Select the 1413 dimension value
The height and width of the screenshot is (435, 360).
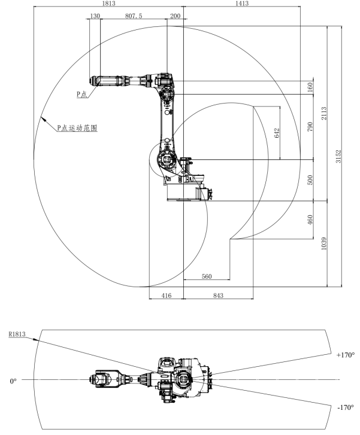(x=242, y=4)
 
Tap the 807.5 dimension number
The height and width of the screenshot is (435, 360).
(x=133, y=17)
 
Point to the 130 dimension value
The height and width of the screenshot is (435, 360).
(x=95, y=17)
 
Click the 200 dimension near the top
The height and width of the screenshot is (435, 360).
(x=175, y=17)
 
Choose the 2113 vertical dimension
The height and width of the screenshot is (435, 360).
(x=323, y=114)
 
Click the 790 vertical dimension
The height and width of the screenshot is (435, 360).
(x=310, y=127)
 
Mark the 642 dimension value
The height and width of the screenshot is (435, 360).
(x=277, y=133)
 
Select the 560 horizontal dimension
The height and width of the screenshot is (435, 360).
(x=207, y=276)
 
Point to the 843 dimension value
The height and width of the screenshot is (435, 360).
(x=218, y=295)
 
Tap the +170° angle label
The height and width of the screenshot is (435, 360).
(x=346, y=355)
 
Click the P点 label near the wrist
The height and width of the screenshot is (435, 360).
(x=82, y=95)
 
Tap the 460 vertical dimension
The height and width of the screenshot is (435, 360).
(x=310, y=220)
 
